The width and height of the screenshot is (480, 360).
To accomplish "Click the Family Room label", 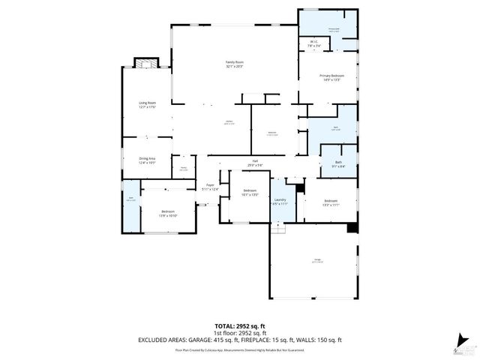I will (235, 64).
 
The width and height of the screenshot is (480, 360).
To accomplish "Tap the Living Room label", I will (146, 104).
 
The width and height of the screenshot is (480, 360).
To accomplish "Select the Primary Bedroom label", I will (331, 77).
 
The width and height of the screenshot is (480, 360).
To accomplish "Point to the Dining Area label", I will (146, 160).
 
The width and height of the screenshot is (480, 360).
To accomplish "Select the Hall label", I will (254, 163).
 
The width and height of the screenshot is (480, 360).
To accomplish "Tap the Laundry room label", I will (280, 201).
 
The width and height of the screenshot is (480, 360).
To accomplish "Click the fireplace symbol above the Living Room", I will (144, 63).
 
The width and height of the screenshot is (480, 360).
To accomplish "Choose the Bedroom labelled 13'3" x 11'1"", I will (331, 202).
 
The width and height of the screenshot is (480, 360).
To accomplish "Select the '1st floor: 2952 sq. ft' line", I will (240, 332).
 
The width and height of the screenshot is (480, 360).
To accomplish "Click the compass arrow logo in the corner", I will (466, 345).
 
